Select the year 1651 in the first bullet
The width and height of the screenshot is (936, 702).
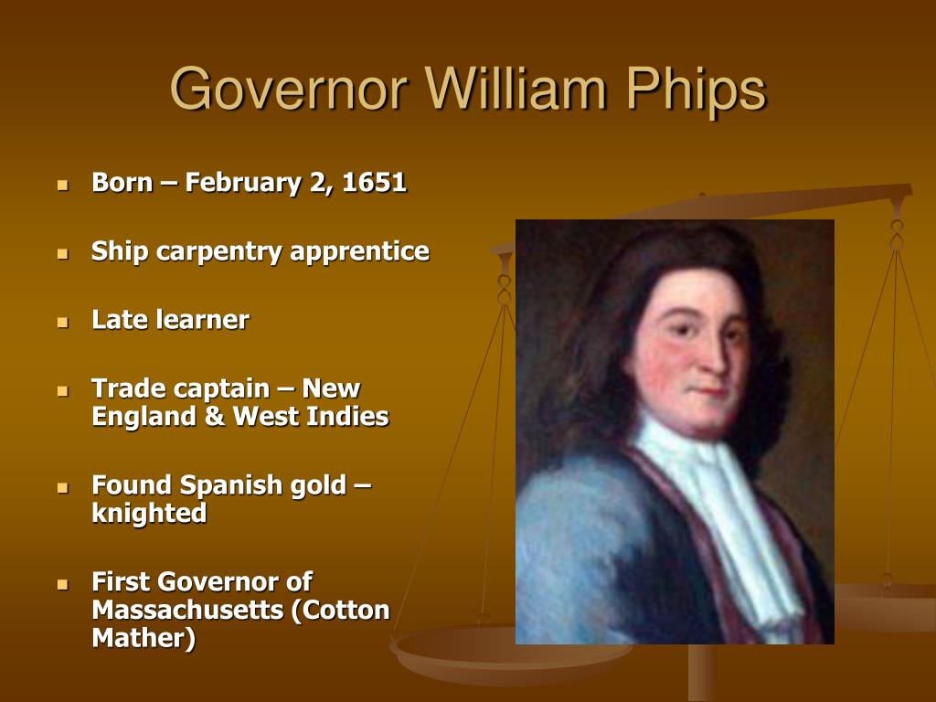tap(375, 183)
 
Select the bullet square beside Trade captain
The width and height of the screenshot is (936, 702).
tap(63, 390)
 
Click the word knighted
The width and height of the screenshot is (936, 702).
tap(149, 514)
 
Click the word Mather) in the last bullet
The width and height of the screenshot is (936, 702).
tap(144, 638)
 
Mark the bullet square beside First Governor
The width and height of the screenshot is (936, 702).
tap(63, 583)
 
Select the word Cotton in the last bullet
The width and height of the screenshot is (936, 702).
tap(345, 610)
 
